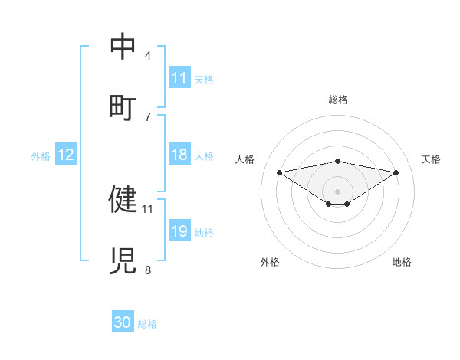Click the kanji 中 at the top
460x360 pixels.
click(123, 47)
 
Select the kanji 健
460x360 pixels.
click(123, 199)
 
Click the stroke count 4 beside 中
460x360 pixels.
click(148, 56)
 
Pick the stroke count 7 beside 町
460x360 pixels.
click(148, 116)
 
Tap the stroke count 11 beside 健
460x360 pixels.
click(148, 208)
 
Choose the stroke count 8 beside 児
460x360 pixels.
click(148, 269)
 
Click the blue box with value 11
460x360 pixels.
click(179, 78)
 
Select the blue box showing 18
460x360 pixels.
click(179, 155)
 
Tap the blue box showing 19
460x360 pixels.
click(179, 231)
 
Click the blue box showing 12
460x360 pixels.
click(66, 155)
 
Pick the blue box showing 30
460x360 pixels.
click(123, 322)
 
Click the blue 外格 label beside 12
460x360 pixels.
click(41, 155)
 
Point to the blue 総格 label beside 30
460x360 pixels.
click(147, 324)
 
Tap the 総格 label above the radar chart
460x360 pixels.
click(338, 100)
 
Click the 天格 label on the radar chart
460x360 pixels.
click(432, 159)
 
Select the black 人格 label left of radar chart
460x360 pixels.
click(245, 159)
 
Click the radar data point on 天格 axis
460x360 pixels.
click(396, 172)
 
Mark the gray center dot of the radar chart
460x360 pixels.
click(338, 191)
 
